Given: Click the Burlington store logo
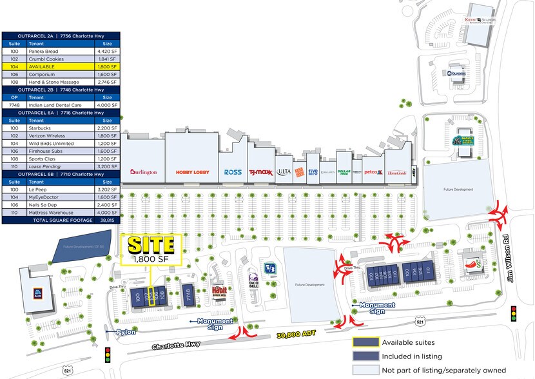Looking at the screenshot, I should coord(143,172).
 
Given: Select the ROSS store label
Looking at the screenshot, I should coord(233,172).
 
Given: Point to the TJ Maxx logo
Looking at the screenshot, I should coord(260,172).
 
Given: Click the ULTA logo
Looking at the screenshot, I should coord(284,172).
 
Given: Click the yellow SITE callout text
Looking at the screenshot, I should coord(151,245).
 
